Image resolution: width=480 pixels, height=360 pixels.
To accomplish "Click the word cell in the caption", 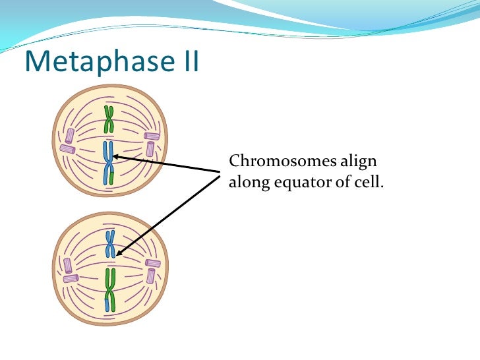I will [x=369, y=182].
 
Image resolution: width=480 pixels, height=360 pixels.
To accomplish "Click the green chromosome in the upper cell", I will [x=109, y=120].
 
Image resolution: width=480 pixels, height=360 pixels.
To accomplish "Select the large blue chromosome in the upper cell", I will [x=108, y=161].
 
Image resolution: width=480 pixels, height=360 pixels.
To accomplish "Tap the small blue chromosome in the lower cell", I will [x=111, y=244].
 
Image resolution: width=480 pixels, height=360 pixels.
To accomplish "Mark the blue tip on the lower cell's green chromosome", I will [x=107, y=305].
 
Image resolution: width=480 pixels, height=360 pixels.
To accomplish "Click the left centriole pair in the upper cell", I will [x=67, y=143].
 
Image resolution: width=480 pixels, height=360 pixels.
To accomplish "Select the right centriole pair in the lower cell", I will [x=152, y=269].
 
